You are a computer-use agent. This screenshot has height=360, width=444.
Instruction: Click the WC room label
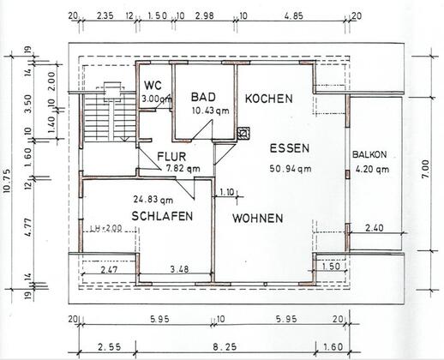tap(153, 86)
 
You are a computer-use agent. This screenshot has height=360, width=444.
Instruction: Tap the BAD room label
tap(203, 97)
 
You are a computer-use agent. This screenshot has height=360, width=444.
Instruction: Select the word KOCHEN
tap(269, 99)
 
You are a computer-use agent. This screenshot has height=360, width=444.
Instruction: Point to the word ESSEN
tap(290, 148)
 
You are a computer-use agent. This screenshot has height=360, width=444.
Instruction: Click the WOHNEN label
tap(258, 219)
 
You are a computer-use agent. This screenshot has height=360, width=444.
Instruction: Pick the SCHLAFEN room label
tap(162, 216)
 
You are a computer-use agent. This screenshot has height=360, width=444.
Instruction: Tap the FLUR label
tap(171, 157)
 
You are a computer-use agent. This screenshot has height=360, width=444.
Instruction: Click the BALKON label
tap(369, 154)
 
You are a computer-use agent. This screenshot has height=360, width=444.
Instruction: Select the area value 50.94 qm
tap(291, 169)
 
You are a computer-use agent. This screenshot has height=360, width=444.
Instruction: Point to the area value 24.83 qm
tap(153, 200)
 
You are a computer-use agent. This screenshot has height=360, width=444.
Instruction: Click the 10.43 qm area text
tap(211, 111)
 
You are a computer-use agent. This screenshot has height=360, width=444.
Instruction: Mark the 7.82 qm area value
tap(183, 169)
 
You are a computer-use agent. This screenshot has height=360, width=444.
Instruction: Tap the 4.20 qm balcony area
tap(372, 169)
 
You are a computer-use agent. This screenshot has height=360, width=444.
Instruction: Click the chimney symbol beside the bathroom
tap(243, 133)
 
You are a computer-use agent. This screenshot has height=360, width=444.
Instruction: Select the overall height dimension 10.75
tap(7, 181)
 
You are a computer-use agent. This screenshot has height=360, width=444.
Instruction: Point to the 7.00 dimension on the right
tap(425, 169)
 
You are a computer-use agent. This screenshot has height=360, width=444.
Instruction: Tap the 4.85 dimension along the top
tap(293, 15)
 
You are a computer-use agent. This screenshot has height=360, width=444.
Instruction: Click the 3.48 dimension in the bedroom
tap(179, 269)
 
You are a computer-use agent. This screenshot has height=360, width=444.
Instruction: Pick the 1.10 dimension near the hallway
tap(227, 192)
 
